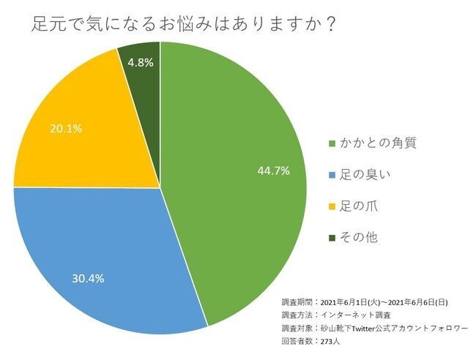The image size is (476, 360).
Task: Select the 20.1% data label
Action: [x=66, y=129]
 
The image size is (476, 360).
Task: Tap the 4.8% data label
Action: [x=140, y=63]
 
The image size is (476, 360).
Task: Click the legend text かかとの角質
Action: [x=376, y=143]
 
